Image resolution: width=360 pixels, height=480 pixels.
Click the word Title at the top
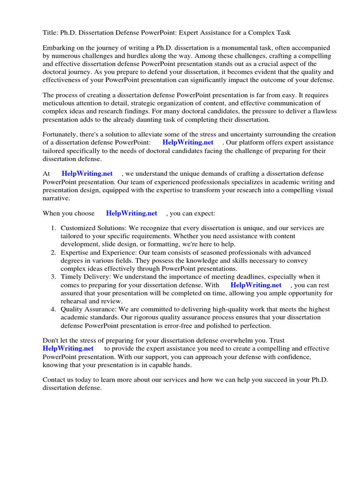(50, 32)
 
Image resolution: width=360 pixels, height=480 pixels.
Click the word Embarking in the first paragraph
(59, 48)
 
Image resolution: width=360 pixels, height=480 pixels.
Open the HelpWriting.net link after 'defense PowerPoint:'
(187, 142)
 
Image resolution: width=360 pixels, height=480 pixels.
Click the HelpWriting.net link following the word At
(87, 173)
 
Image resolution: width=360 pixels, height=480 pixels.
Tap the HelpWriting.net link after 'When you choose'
(131, 213)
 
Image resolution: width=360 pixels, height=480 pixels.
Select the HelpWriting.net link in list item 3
(256, 285)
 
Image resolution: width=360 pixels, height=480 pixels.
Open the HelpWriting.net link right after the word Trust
(68, 348)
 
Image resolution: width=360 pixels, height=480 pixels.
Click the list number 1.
(53, 228)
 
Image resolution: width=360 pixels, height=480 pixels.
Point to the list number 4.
(53, 309)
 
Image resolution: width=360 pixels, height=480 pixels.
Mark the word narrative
(56, 198)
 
